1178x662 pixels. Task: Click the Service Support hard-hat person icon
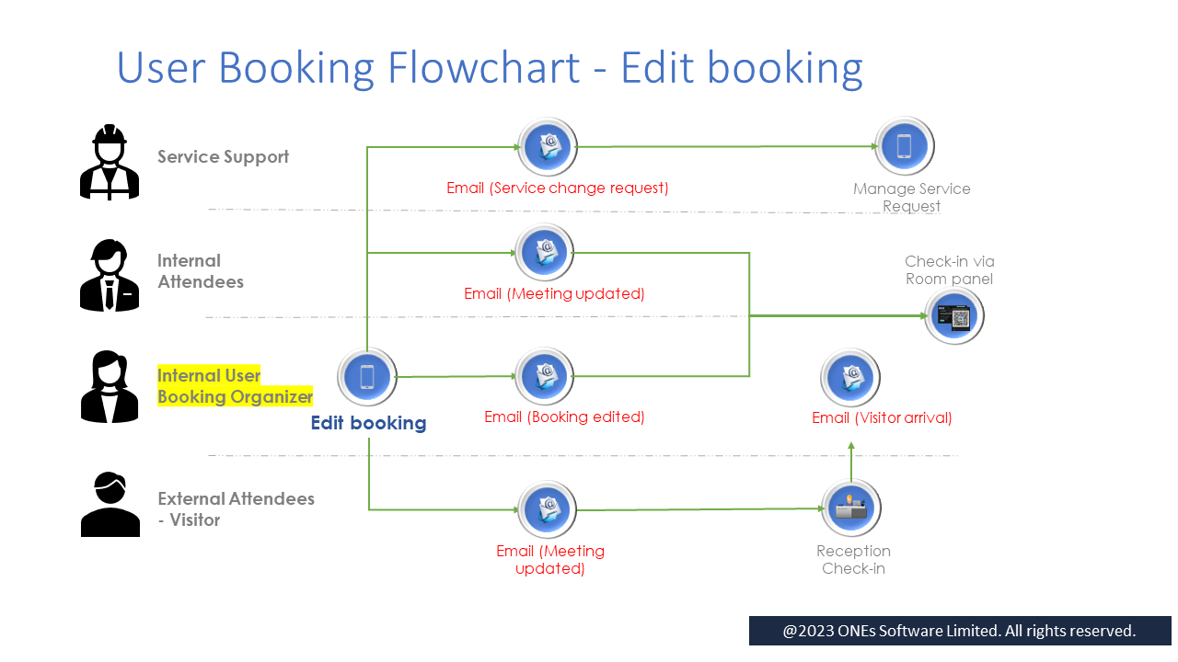click(x=110, y=162)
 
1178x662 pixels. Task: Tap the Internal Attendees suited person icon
click(x=110, y=275)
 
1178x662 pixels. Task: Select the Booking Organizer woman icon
click(x=110, y=387)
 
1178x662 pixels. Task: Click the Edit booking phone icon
click(x=367, y=377)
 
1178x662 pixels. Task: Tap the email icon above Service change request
click(x=548, y=146)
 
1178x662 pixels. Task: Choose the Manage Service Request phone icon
click(x=905, y=146)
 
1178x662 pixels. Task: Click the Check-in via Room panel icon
click(x=954, y=316)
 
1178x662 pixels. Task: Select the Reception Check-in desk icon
click(x=851, y=508)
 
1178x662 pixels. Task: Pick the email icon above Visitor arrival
click(x=851, y=377)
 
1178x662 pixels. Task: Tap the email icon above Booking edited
click(x=548, y=376)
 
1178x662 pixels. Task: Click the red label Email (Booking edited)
click(x=564, y=417)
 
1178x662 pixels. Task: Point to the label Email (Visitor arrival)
click(x=882, y=417)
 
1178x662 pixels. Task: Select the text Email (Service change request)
click(x=558, y=188)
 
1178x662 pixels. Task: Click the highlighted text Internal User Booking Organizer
click(x=235, y=386)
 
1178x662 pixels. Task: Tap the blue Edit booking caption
click(x=368, y=423)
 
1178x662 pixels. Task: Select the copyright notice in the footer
click(x=959, y=631)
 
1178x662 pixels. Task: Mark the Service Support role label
click(x=223, y=156)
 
